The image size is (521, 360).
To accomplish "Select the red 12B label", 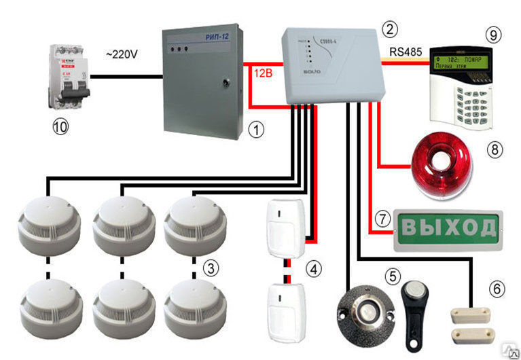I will [x=262, y=72].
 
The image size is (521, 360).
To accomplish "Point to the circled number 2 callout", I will [x=389, y=29].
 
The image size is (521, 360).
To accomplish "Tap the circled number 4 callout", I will [x=313, y=270].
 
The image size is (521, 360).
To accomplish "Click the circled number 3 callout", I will [x=212, y=269].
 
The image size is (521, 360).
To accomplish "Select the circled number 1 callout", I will [x=255, y=129].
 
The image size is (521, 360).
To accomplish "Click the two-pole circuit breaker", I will [x=68, y=77].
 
